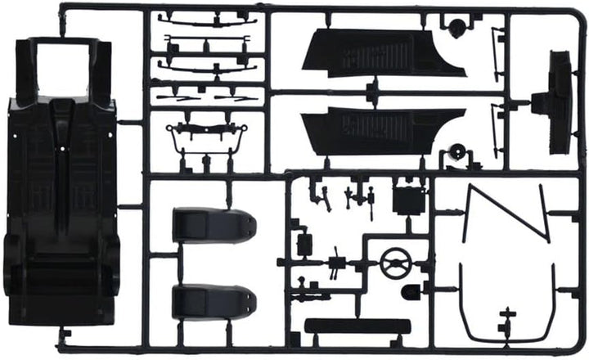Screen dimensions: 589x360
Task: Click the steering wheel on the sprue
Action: coord(397,263)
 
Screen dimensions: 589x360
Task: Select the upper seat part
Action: coord(213,225)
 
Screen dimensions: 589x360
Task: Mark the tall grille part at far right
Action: coord(560,102)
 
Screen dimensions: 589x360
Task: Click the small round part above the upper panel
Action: coord(456,27)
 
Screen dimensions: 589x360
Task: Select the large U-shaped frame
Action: coord(507,311)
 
